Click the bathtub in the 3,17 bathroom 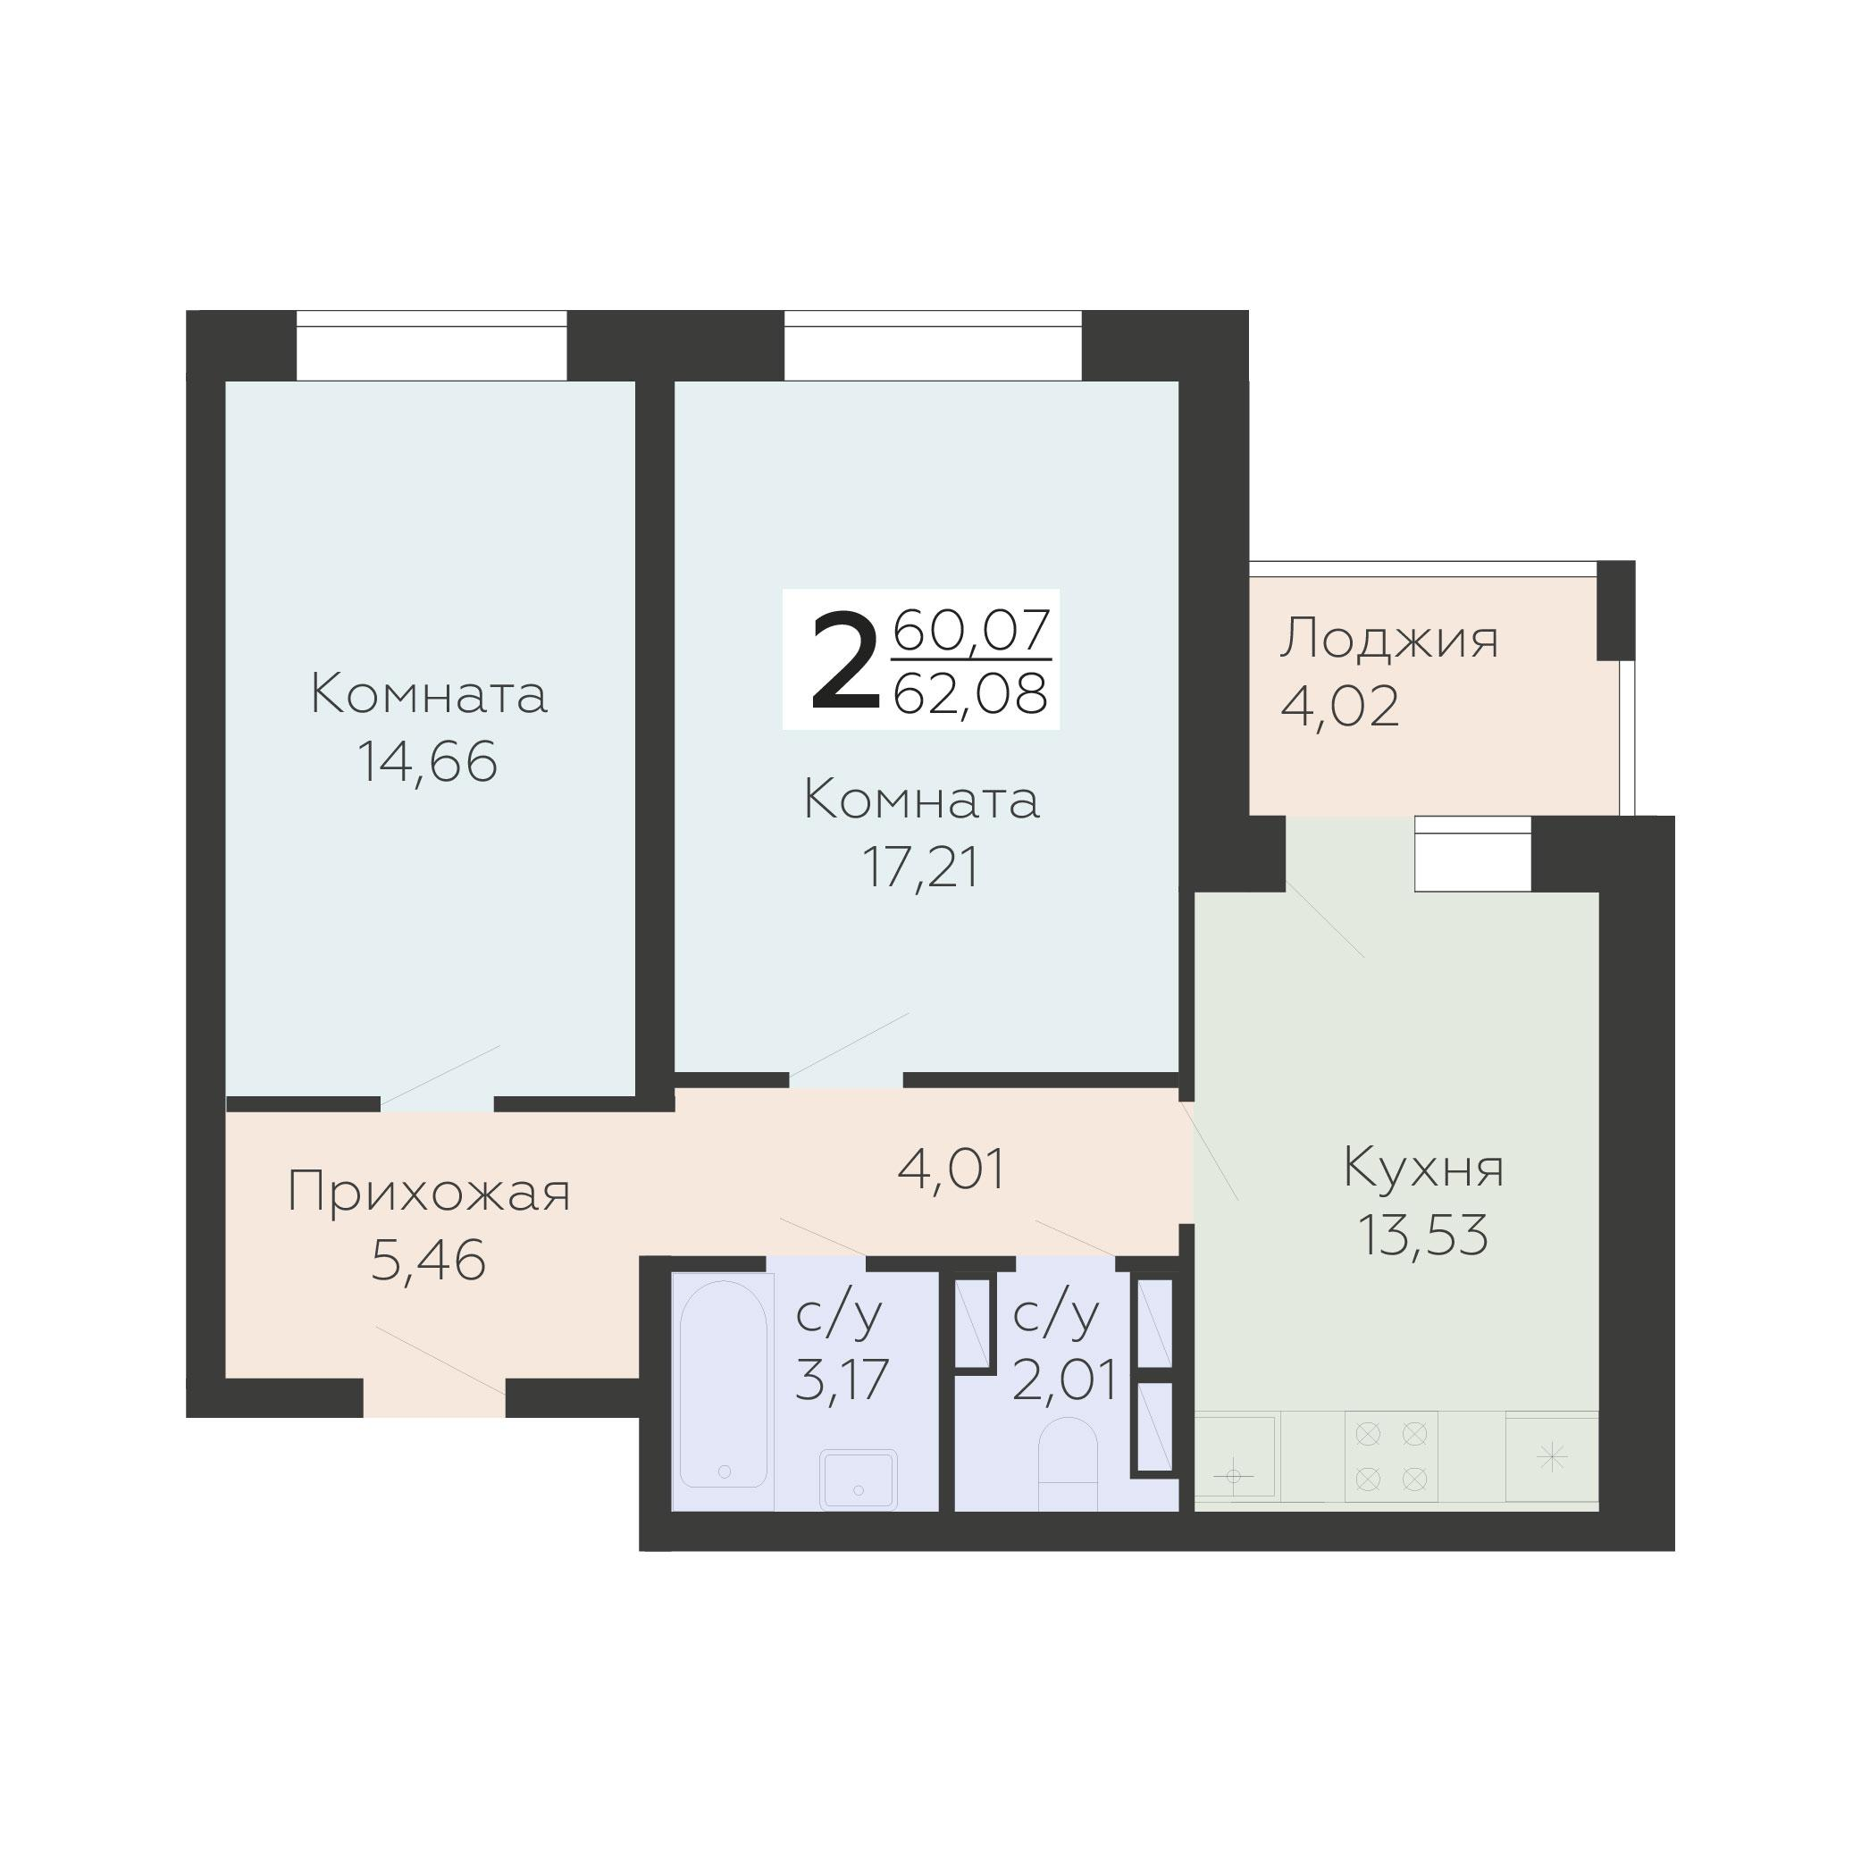pos(724,1383)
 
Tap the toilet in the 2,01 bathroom pos(1069,1463)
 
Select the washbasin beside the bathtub pos(859,1479)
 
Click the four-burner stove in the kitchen pos(1391,1455)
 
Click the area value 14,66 pos(428,762)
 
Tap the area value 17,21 pos(921,868)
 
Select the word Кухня pos(1422,1168)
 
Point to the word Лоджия pos(1389,639)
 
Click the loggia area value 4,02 pos(1340,706)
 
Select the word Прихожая pos(429,1194)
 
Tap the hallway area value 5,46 pos(428,1260)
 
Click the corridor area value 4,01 pos(951,1169)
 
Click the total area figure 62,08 pos(970,692)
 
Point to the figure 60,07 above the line pos(971,631)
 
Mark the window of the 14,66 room pos(431,346)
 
